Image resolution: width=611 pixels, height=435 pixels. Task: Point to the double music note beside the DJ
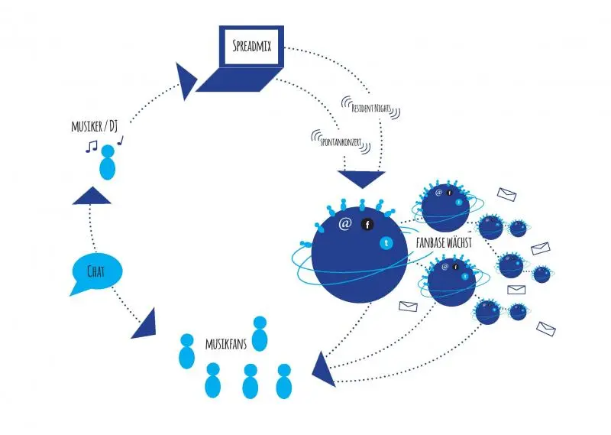(92, 145)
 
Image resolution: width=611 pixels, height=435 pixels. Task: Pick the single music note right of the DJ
(120, 140)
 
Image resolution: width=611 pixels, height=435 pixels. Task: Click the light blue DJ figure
(108, 163)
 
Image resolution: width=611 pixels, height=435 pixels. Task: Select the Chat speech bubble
(95, 272)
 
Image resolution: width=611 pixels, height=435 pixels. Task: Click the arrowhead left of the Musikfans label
(146, 325)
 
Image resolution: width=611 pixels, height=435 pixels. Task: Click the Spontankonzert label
(341, 141)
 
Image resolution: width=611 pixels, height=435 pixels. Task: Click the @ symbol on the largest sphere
(344, 224)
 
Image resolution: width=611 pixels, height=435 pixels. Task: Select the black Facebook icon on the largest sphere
(367, 225)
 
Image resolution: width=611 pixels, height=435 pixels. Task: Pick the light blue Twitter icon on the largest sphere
(386, 243)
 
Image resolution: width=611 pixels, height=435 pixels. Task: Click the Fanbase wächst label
(444, 241)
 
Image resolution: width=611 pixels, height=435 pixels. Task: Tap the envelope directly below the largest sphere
(409, 307)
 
